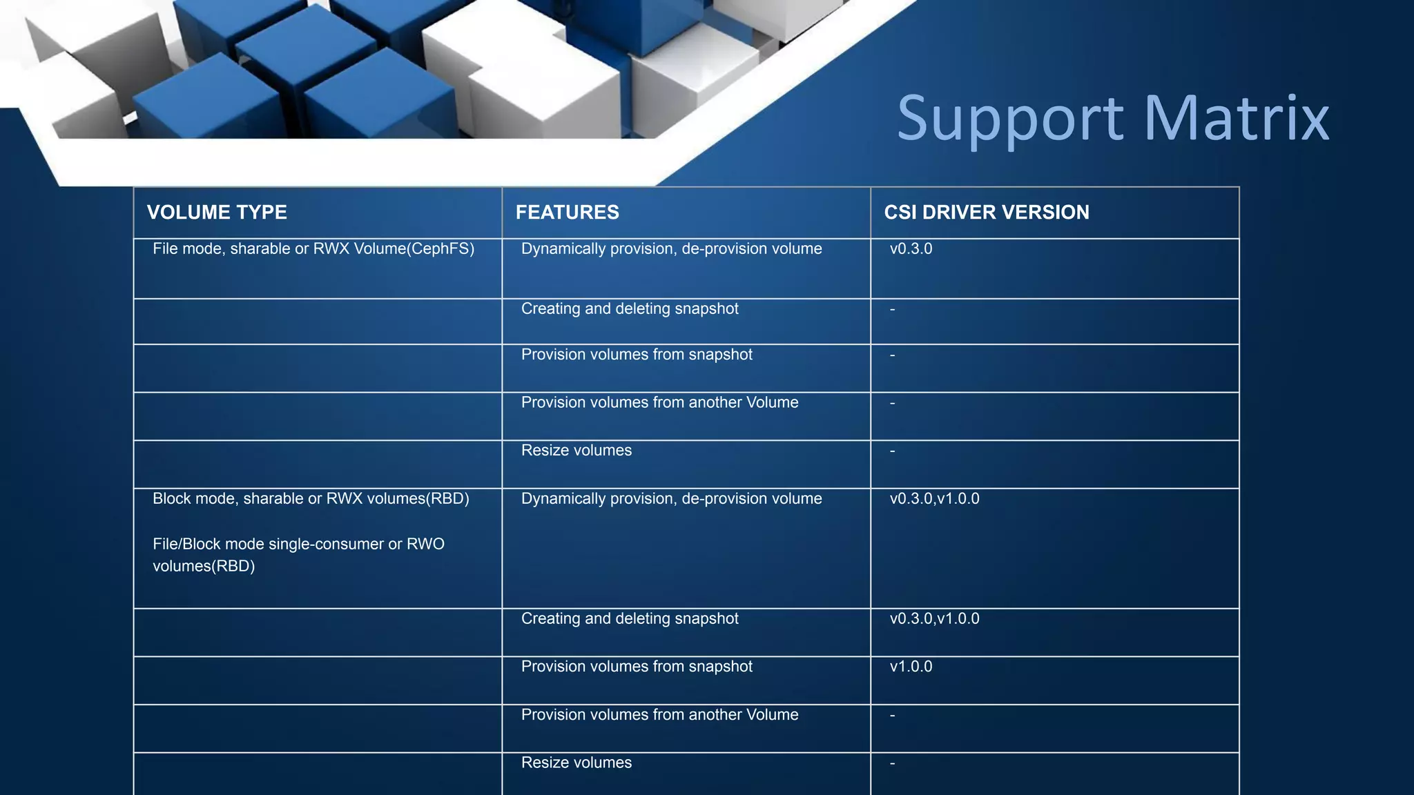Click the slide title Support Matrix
(x=1112, y=118)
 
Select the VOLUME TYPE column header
(x=217, y=213)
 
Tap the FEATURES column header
(x=567, y=213)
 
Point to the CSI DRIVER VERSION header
(x=986, y=213)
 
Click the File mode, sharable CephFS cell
(x=313, y=249)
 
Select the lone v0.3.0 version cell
(x=911, y=249)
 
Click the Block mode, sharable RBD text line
(x=311, y=499)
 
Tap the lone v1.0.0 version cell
(x=911, y=667)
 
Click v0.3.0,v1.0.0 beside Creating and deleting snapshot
(x=934, y=619)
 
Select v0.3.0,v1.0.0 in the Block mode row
(x=934, y=499)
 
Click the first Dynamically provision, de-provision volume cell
(x=671, y=249)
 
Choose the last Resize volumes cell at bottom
(x=577, y=763)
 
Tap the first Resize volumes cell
(x=577, y=451)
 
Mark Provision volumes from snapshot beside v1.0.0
(x=637, y=667)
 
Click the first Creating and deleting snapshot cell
(x=630, y=309)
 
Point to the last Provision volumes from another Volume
(x=659, y=715)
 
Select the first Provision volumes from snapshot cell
(x=637, y=355)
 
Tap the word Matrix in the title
(x=1236, y=118)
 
